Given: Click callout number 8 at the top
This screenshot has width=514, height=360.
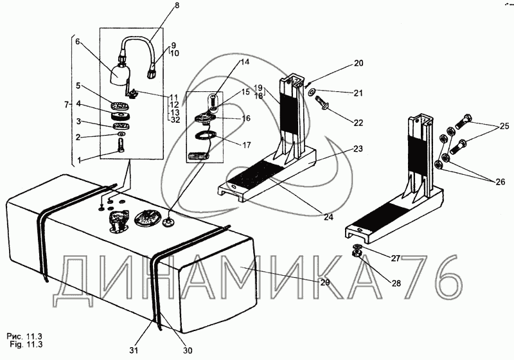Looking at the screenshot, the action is point(177,6).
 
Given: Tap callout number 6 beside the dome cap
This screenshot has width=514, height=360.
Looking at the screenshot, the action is point(77,42).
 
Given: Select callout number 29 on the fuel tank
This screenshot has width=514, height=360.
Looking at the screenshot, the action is point(325,282).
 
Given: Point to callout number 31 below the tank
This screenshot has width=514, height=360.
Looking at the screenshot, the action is point(134,350).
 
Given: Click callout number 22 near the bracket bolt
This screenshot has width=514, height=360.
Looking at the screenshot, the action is point(359,123).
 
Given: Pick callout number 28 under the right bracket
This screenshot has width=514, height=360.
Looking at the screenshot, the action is point(396,283).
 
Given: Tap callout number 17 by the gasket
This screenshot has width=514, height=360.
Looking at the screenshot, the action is point(247,145).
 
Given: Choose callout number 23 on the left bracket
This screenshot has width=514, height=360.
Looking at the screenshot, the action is point(358,148).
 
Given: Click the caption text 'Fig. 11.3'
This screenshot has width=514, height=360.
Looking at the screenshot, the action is point(26,345).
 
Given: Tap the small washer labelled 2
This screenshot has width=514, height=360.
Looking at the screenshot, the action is point(121,134).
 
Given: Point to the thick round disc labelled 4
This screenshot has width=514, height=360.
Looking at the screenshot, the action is point(121,116).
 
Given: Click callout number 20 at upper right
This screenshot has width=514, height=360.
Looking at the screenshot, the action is point(359,63).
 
